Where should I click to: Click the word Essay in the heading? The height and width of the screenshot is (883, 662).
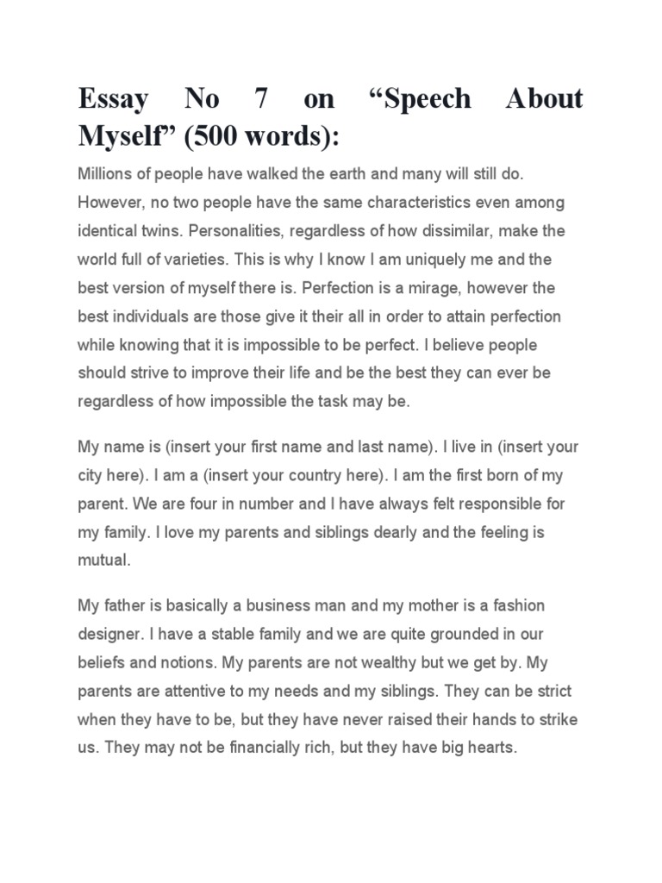click(113, 100)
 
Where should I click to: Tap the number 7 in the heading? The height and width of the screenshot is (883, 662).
click(259, 100)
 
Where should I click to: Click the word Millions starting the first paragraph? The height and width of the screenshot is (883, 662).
click(105, 173)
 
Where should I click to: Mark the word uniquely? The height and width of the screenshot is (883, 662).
click(423, 260)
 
